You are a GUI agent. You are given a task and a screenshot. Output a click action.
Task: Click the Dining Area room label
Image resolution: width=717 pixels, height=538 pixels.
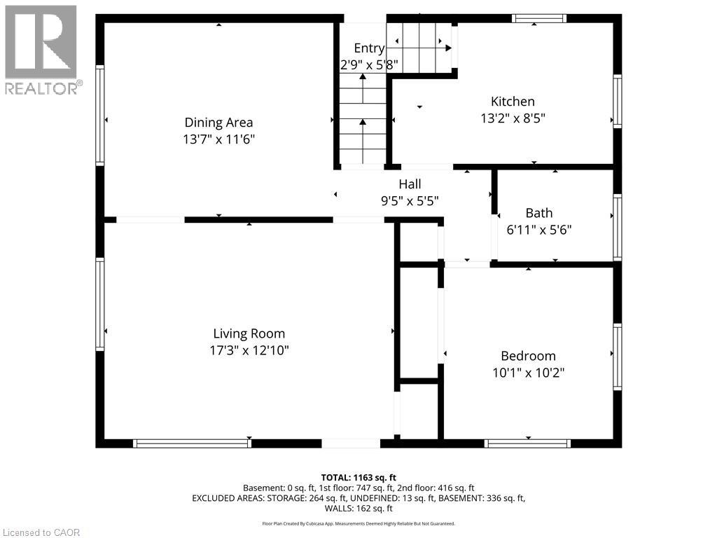pos(218,123)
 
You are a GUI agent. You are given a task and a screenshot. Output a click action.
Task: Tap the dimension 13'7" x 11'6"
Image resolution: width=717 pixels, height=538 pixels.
pos(218,139)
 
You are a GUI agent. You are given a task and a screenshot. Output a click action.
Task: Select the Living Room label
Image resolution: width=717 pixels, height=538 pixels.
pos(249,333)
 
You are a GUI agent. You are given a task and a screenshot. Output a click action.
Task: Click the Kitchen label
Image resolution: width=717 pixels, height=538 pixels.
pos(513,102)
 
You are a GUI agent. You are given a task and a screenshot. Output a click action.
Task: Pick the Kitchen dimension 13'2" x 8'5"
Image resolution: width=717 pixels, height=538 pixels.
pos(513,118)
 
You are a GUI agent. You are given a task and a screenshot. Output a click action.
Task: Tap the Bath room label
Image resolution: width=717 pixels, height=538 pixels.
pos(538,213)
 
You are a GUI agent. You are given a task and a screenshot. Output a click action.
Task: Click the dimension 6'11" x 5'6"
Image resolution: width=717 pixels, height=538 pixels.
pos(538,229)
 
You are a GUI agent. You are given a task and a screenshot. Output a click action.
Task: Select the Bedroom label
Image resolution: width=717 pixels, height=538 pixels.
pos(528,356)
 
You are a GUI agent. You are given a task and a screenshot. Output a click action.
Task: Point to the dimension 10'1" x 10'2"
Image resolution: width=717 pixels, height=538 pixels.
pos(528,373)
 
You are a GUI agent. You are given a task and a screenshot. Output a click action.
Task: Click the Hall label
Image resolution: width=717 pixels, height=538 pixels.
pos(410,184)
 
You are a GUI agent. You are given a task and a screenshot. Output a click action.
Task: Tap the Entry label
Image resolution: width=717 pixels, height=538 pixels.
pos(369,48)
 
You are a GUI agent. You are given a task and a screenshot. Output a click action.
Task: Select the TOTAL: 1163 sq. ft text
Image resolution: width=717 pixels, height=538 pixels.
pos(358,478)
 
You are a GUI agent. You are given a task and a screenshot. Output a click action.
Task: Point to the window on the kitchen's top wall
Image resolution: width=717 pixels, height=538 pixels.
pos(539,18)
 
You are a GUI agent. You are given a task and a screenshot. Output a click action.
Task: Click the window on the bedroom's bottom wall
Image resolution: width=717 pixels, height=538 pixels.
pos(528,443)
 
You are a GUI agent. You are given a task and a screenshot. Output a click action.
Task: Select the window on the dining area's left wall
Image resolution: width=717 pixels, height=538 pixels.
pos(100,116)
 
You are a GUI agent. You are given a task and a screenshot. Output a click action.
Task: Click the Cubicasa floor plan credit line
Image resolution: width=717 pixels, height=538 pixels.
pos(358,523)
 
